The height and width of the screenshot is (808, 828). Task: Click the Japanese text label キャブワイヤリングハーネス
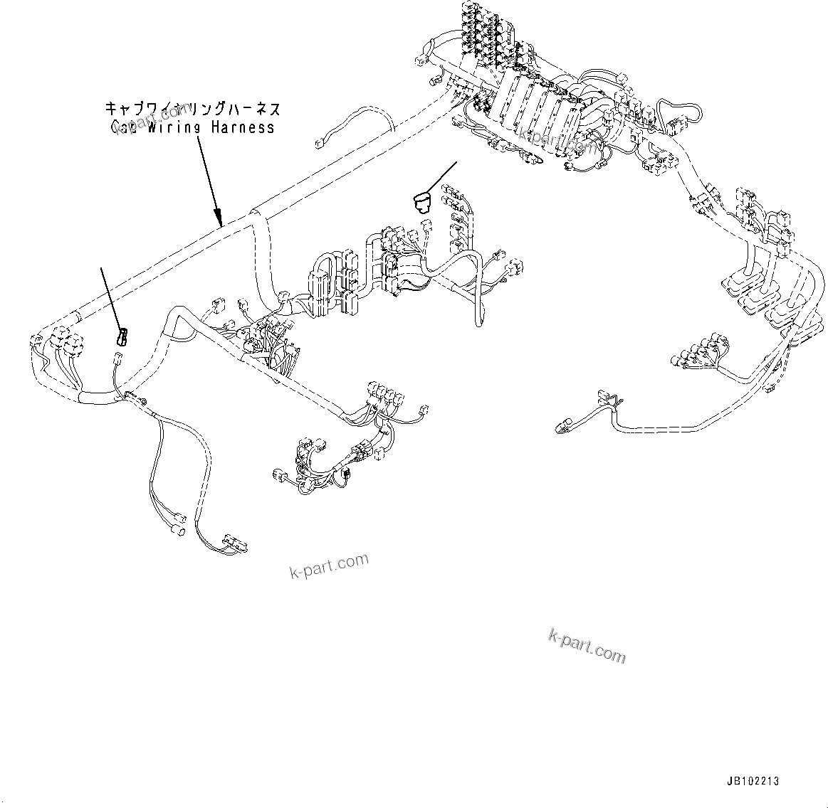pyautogui.click(x=192, y=109)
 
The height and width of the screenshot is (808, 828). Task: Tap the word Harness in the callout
pyautogui.click(x=243, y=128)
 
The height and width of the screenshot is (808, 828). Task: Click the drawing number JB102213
pyautogui.click(x=753, y=781)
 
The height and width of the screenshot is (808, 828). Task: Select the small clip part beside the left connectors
pyautogui.click(x=121, y=337)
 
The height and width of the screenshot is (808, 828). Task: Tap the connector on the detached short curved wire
pyautogui.click(x=318, y=144)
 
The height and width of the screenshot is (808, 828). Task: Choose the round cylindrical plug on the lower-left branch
pyautogui.click(x=179, y=531)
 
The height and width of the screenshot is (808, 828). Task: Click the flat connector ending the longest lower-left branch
pyautogui.click(x=234, y=543)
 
